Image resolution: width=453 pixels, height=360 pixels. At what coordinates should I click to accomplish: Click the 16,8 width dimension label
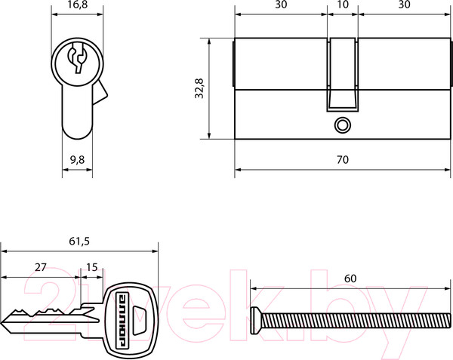[x=78, y=5]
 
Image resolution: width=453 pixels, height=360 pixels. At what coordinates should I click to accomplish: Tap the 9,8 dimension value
[x=78, y=160]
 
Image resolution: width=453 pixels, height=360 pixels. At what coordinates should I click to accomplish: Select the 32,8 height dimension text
[x=199, y=88]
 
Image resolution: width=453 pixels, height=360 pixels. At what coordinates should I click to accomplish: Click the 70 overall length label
[x=343, y=160]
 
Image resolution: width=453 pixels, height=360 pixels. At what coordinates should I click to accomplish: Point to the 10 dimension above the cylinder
[x=343, y=5]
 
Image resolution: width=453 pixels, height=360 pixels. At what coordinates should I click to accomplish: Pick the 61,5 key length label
[x=79, y=241]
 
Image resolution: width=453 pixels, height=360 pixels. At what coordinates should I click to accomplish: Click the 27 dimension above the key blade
[x=41, y=267]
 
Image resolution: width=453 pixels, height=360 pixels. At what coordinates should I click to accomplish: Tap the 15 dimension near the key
[x=92, y=267]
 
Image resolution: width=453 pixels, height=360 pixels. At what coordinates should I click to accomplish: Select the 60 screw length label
[x=350, y=278]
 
